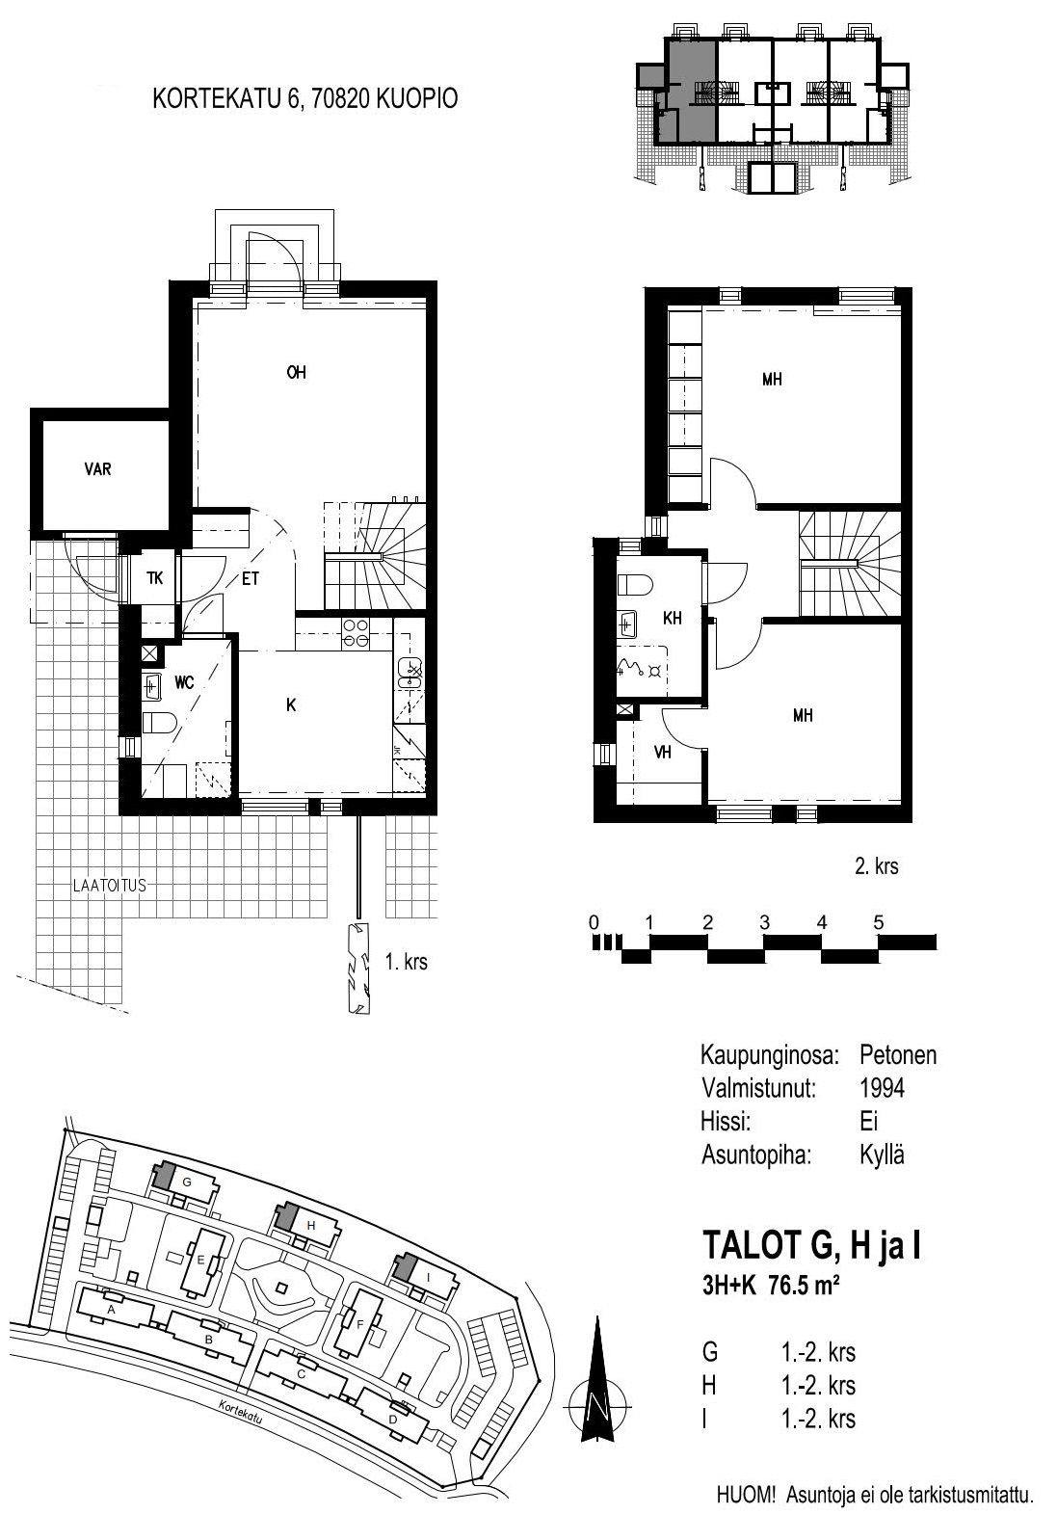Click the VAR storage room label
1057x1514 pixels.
[x=98, y=469]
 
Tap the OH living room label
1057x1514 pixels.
[x=296, y=372]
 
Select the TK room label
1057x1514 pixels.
[x=155, y=578]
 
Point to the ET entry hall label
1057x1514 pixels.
[x=251, y=579]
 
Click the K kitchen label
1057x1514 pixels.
[x=291, y=704]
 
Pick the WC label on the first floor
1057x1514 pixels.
[x=184, y=682]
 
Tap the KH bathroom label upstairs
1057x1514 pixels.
[x=673, y=618]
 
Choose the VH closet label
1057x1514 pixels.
[x=663, y=752]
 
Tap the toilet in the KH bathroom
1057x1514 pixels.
[x=634, y=584]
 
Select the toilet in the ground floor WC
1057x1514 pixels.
[x=160, y=724]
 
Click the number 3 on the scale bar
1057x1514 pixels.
[x=764, y=922]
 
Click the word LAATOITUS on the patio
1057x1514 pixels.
[x=110, y=886]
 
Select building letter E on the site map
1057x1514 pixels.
[x=201, y=1260]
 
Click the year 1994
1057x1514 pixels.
[x=882, y=1088]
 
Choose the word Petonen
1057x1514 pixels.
[x=898, y=1054]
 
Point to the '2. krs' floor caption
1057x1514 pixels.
[x=877, y=865]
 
